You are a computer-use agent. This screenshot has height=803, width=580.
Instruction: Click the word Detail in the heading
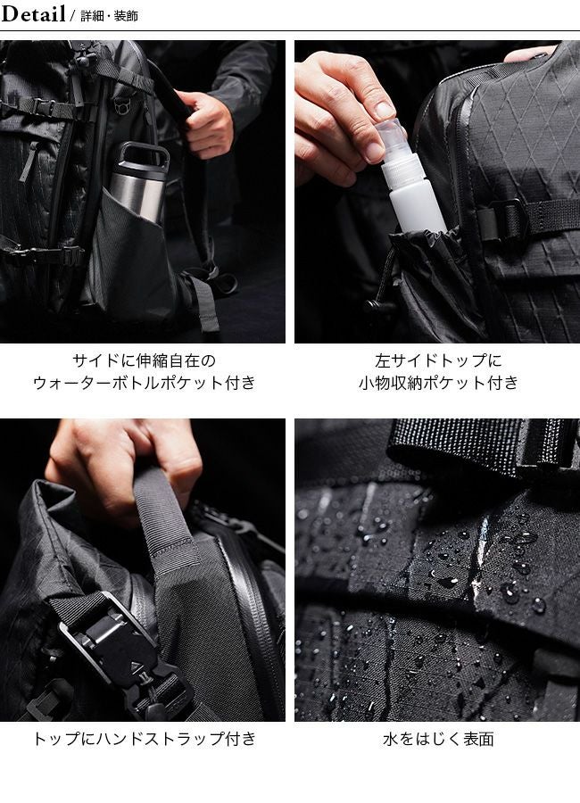pyautogui.click(x=33, y=13)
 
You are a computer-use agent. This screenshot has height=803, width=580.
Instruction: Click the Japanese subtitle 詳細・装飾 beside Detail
pyautogui.click(x=109, y=16)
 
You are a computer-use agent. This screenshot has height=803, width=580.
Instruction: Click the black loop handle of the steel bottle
pyautogui.click(x=144, y=153)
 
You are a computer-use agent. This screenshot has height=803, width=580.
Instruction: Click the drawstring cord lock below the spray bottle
pyautogui.click(x=377, y=306)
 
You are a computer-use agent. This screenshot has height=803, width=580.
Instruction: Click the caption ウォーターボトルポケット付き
pyautogui.click(x=144, y=383)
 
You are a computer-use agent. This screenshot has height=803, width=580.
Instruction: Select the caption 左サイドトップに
pyautogui.click(x=438, y=360)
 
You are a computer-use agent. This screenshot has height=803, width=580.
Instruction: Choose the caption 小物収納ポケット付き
pyautogui.click(x=438, y=383)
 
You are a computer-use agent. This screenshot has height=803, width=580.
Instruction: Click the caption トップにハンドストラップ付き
pyautogui.click(x=144, y=739)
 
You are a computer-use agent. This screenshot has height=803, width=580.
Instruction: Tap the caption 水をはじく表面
pyautogui.click(x=438, y=739)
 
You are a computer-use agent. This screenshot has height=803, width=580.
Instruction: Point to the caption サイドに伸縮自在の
pyautogui.click(x=144, y=360)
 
